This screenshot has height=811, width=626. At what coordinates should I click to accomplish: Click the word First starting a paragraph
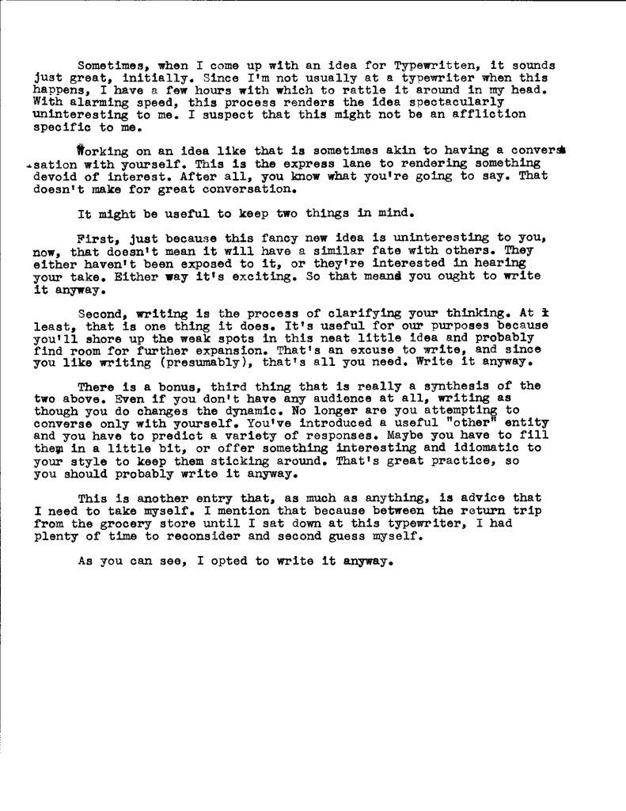95,238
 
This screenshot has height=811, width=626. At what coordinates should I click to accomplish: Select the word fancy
263,238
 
